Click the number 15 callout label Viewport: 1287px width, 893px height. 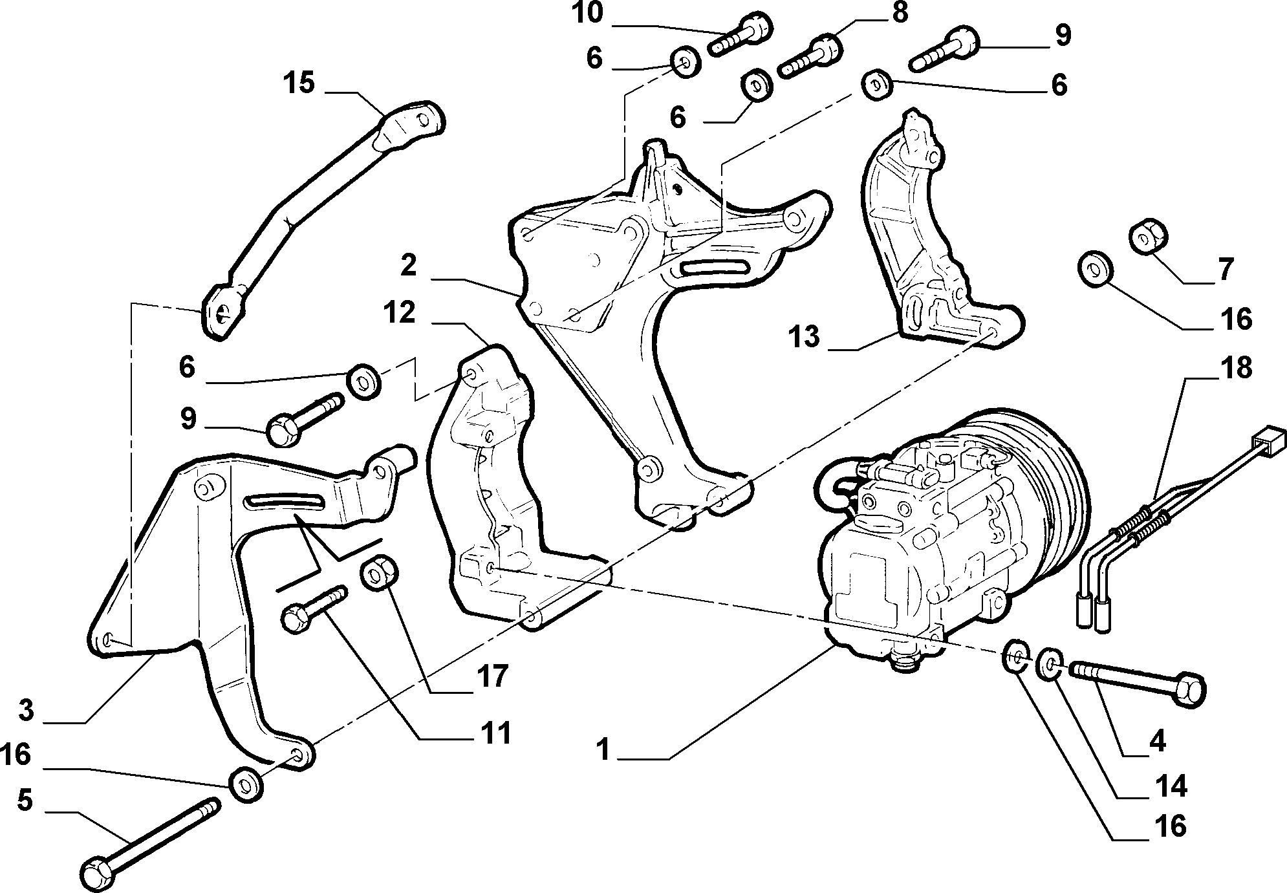pos(299,83)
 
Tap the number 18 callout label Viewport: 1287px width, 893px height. pos(1236,368)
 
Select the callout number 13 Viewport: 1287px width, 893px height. pos(805,337)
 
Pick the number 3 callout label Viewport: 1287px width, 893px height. pos(25,710)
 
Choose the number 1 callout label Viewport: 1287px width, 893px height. pos(603,751)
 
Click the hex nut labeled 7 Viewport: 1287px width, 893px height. pos(1147,239)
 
